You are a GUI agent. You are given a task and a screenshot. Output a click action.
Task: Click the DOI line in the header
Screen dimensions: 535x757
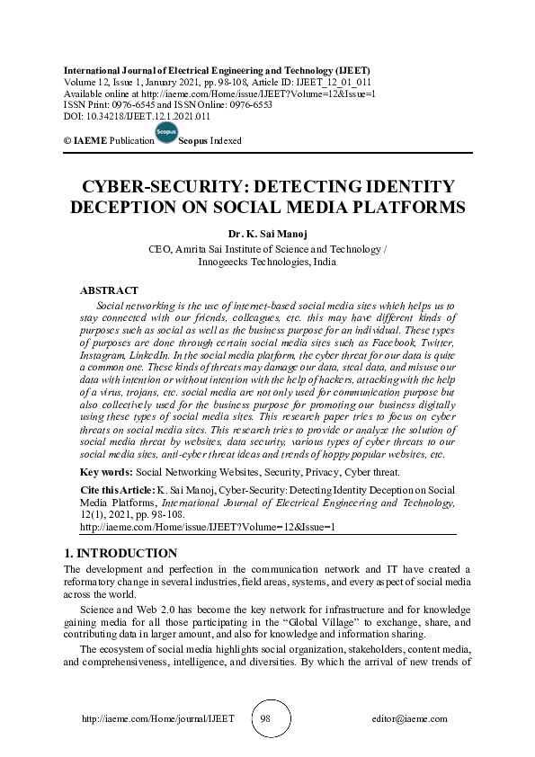click(137, 116)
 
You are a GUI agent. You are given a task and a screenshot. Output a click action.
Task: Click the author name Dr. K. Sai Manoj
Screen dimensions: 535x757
click(267, 233)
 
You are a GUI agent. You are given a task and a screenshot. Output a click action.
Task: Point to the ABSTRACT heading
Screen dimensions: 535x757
click(109, 290)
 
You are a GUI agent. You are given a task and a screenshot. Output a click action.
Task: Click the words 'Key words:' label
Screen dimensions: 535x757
click(106, 472)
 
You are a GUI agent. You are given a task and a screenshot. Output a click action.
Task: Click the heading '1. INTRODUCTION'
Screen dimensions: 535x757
click(120, 553)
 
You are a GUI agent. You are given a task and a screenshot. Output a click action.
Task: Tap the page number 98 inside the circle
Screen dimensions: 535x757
click(267, 718)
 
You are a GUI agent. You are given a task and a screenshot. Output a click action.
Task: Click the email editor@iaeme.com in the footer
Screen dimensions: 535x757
click(409, 719)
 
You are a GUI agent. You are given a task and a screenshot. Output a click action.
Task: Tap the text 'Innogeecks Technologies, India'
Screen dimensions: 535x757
click(267, 263)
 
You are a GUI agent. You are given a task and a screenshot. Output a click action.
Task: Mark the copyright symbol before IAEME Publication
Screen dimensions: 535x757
click(67, 142)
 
